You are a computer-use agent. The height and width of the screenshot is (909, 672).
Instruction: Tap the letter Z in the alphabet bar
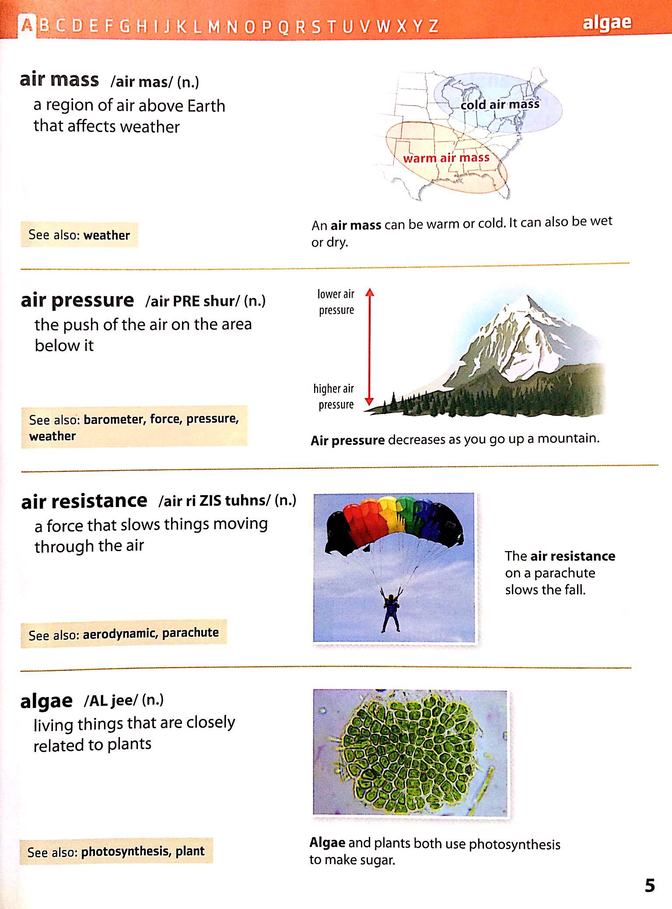coord(433,27)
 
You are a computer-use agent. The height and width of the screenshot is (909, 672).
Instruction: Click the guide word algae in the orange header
coord(607,23)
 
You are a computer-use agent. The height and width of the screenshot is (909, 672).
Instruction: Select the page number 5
coord(650,885)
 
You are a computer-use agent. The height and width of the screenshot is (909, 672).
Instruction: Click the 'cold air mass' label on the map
coord(500,104)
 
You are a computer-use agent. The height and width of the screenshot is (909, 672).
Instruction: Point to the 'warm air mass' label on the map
coord(446,158)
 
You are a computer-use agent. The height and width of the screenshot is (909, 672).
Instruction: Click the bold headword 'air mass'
coord(59,80)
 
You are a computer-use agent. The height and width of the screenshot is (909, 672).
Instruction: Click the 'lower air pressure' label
coord(336,302)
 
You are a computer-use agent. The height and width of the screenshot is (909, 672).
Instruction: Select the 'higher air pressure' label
coord(334,396)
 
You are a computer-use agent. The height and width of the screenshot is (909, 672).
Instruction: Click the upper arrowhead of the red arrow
coord(370,292)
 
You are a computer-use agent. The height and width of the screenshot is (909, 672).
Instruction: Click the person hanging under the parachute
coord(391,610)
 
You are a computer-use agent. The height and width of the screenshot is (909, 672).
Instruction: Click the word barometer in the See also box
coord(113,420)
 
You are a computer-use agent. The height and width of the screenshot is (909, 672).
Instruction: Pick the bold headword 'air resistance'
coord(84,501)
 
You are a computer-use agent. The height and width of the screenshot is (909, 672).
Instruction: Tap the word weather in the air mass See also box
coord(106,235)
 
